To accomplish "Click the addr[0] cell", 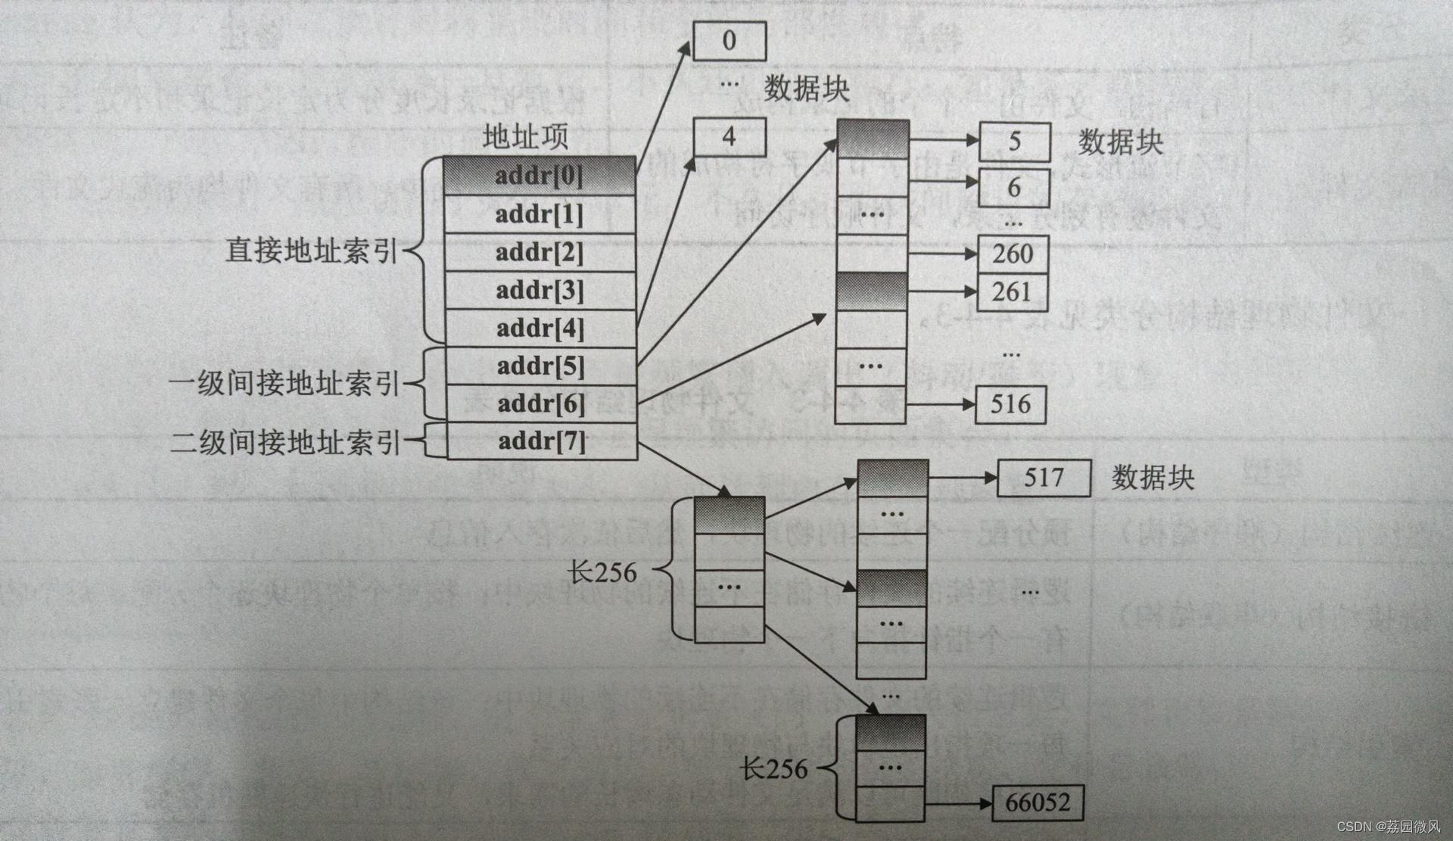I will (x=539, y=176).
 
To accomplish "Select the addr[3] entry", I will (x=539, y=291).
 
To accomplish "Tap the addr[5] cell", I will (x=540, y=366).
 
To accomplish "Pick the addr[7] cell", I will (x=542, y=441).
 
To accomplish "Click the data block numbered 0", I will (x=730, y=41).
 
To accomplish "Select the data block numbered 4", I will (x=730, y=137).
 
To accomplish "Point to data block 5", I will (x=1015, y=142).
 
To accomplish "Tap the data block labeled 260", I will (x=1013, y=254).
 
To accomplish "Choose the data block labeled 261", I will (x=1012, y=292).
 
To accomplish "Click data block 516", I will (x=1011, y=404).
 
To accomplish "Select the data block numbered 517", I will (x=1044, y=478).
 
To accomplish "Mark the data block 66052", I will (x=1038, y=803).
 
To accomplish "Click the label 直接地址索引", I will (x=311, y=251).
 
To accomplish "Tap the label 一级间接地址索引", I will (x=284, y=383).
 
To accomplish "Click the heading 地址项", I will (x=525, y=137).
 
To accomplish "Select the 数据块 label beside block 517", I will (x=1153, y=478).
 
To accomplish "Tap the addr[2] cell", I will (x=539, y=253).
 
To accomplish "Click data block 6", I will (x=1014, y=188).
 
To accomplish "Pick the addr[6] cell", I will (x=540, y=403).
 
